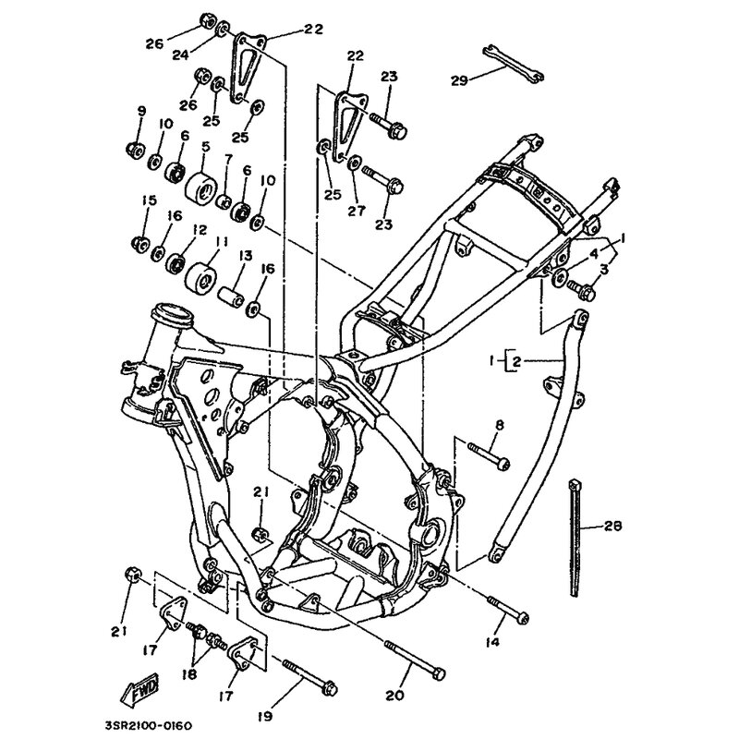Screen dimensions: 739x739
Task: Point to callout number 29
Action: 459,80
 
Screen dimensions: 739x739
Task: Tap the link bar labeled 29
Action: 514,64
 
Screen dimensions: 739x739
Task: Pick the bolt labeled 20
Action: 415,660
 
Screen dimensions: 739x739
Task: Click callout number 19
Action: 266,716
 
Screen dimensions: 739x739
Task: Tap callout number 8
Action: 500,425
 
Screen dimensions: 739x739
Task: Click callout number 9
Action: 141,111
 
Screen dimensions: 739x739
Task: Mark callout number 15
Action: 149,200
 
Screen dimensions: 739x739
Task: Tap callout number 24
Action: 180,55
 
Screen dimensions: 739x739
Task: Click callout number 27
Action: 357,211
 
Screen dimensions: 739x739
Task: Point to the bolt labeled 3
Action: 581,290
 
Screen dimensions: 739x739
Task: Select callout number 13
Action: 246,255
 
